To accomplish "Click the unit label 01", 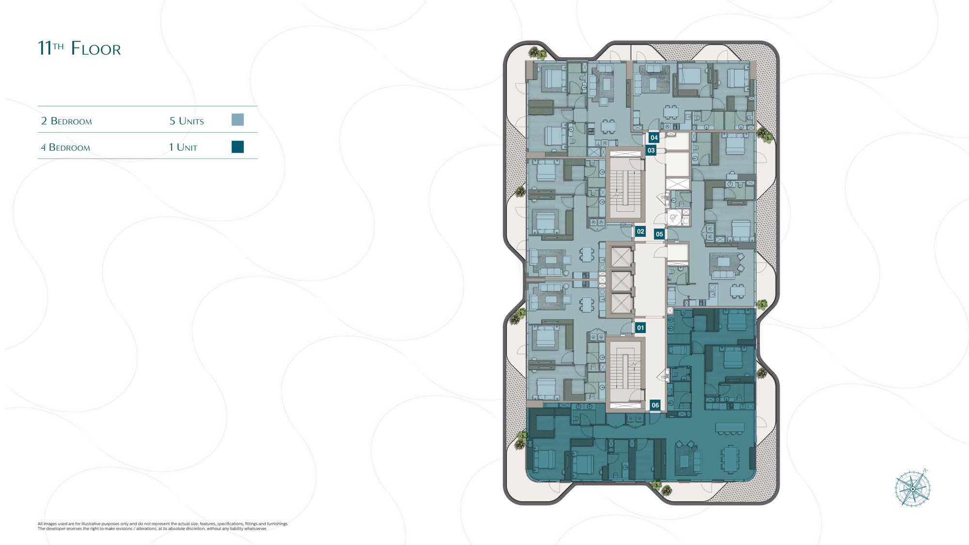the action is [641, 328].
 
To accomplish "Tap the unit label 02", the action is [641, 232].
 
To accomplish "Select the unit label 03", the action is [651, 150].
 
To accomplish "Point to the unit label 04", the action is [654, 138].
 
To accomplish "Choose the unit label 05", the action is [659, 234].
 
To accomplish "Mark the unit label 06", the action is [655, 405].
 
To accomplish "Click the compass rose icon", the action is [912, 488].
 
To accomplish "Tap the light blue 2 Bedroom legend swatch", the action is [237, 120].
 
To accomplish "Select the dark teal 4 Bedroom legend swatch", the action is [237, 147].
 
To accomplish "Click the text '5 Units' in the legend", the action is [187, 121].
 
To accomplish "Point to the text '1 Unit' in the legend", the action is [183, 147].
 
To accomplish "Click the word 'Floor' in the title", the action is [96, 48].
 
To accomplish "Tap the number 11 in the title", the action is [45, 48].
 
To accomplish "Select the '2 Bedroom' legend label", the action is [66, 121].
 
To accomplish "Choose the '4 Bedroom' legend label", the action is [65, 147].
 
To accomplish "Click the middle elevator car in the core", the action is [621, 281].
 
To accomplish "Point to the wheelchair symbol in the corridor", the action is [673, 218].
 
